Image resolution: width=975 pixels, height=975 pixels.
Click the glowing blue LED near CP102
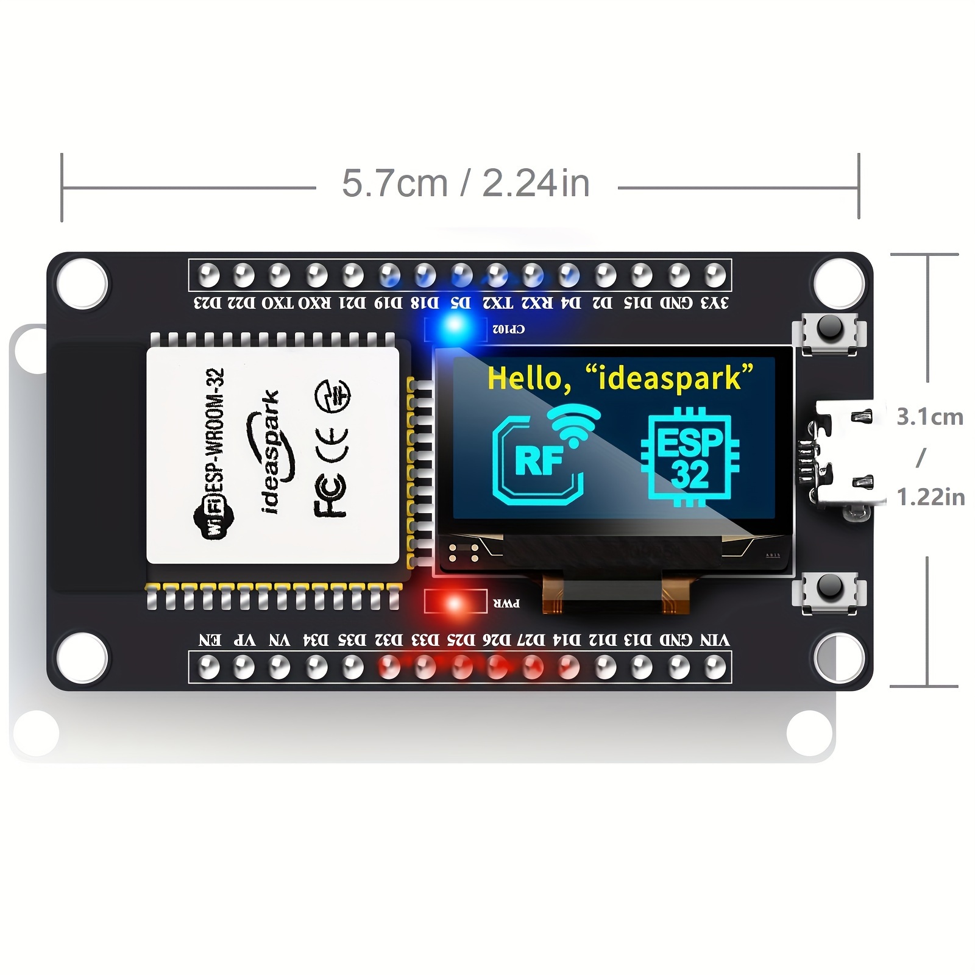(455, 324)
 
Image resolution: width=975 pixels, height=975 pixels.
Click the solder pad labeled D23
(208, 275)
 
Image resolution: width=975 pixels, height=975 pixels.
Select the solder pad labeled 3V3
(714, 275)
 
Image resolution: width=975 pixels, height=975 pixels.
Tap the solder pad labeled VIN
(714, 667)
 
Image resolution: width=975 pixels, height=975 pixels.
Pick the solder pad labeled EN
(208, 667)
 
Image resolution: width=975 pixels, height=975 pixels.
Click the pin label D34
(316, 640)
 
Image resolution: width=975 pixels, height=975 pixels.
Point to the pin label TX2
(498, 303)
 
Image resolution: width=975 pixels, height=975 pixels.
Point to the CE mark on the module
(331, 444)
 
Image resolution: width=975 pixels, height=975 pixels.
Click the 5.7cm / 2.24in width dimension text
(466, 183)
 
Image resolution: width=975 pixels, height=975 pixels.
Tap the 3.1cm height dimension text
(930, 417)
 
